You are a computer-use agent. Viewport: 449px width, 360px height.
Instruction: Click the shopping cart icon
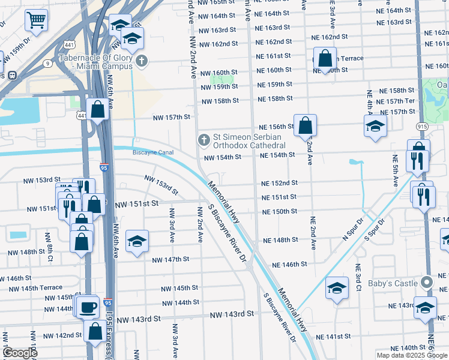36,20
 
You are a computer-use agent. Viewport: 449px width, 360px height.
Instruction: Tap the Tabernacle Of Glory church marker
142,61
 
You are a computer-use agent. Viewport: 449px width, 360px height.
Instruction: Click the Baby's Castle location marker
427,281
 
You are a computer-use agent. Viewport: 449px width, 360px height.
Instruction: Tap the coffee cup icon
88,307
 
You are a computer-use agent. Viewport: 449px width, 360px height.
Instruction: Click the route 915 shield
422,127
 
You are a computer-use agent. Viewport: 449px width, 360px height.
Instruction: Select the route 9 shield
47,62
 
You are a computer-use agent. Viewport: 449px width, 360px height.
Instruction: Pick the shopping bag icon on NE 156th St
305,125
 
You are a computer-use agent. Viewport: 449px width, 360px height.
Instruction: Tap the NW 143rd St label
139,320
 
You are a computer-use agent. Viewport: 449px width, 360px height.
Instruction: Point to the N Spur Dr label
355,229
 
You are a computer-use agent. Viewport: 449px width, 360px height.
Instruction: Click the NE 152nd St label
279,183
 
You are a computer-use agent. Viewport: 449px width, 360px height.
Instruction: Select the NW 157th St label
171,117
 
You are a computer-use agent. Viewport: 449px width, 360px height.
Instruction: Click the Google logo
20,353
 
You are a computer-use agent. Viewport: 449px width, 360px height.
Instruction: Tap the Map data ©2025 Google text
412,355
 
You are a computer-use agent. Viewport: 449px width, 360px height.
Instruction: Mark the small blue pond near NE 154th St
356,162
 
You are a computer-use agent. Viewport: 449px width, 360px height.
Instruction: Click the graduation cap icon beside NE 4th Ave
375,126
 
